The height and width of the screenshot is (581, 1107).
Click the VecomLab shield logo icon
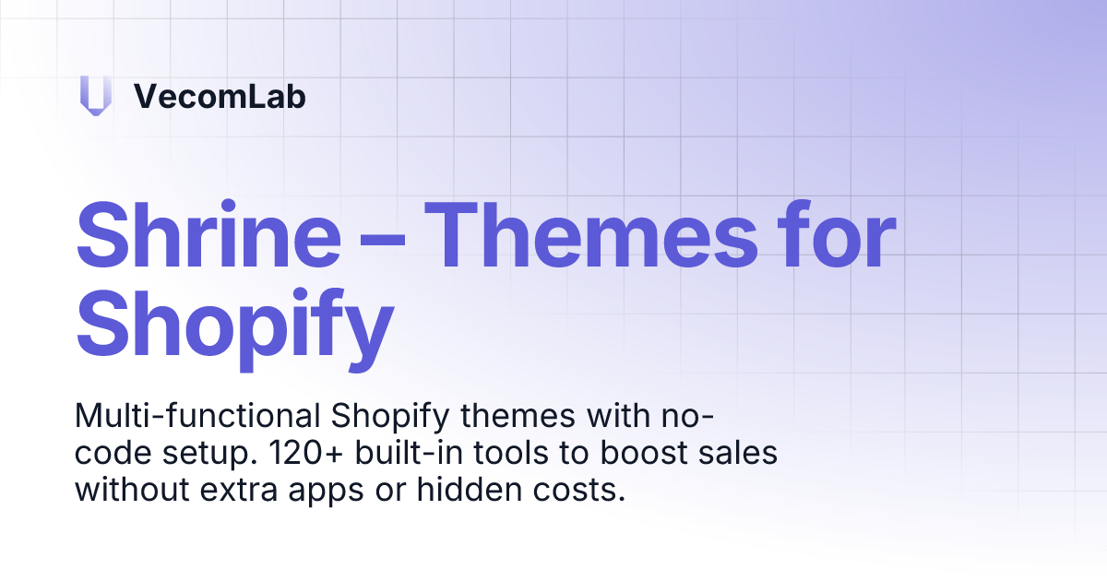click(x=95, y=96)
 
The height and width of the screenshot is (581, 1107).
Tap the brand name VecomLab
click(x=220, y=96)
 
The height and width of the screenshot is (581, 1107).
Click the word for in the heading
click(x=838, y=236)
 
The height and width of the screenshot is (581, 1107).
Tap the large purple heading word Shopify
click(x=235, y=324)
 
